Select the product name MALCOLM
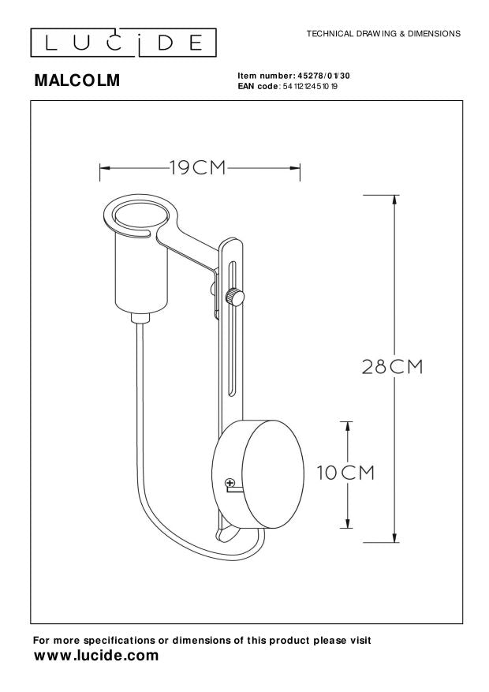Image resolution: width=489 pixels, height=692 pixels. pyautogui.click(x=77, y=80)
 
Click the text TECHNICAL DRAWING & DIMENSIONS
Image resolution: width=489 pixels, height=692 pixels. pyautogui.click(x=378, y=35)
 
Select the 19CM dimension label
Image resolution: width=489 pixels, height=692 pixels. pyautogui.click(x=196, y=167)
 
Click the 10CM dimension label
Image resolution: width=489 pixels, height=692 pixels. pyautogui.click(x=345, y=473)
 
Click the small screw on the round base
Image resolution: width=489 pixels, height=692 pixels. pyautogui.click(x=230, y=483)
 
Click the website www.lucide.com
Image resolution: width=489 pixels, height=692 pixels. pyautogui.click(x=95, y=656)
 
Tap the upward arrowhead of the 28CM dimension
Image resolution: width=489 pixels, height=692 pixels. pyautogui.click(x=393, y=199)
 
